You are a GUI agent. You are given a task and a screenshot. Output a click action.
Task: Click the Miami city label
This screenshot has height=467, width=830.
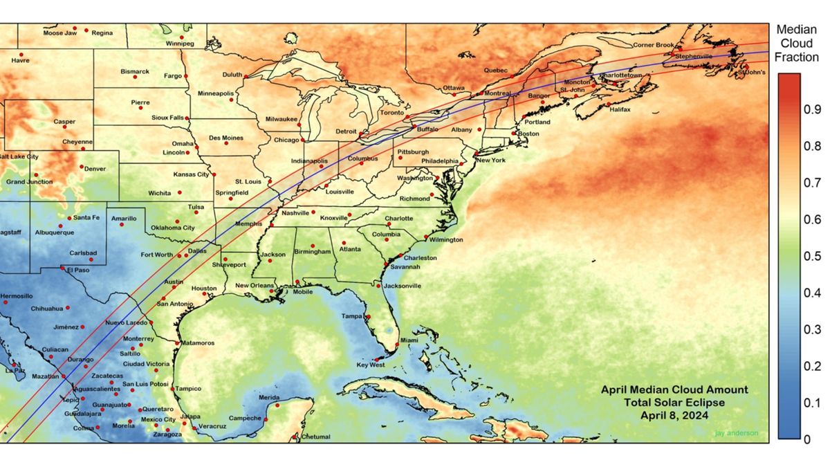[409, 340]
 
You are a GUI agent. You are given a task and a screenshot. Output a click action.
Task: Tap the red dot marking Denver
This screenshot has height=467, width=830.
[82, 167]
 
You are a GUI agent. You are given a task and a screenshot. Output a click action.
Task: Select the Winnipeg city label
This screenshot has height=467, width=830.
[180, 44]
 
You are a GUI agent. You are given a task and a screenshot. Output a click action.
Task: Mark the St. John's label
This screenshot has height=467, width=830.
[752, 72]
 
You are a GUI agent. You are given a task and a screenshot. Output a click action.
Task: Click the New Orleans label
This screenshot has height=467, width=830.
[255, 286]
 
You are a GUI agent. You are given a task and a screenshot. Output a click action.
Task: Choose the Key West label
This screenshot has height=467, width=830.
[370, 365]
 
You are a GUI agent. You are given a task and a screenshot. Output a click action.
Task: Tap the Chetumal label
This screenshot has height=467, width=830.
[316, 437]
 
